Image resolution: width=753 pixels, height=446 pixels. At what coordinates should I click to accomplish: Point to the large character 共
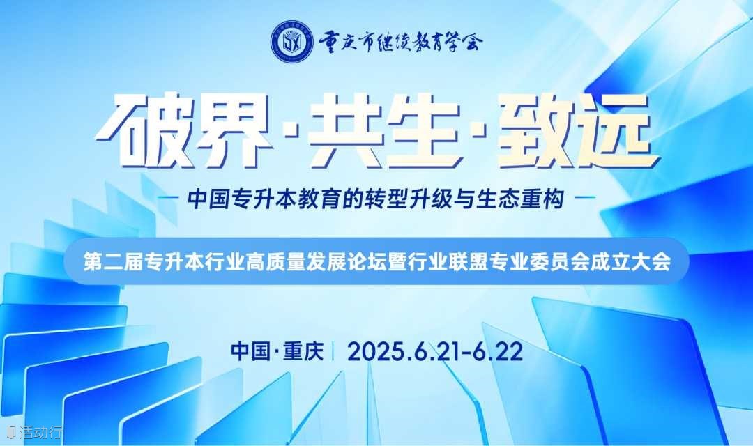346,130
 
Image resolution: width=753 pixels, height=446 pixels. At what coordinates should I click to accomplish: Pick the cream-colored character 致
538,130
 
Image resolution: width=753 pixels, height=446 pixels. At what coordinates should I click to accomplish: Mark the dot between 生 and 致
480,130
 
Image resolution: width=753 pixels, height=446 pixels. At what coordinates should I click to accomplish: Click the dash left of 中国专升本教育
169,197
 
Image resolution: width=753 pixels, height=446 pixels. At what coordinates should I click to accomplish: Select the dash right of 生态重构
585,197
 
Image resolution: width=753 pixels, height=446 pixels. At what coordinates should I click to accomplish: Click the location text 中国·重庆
277,351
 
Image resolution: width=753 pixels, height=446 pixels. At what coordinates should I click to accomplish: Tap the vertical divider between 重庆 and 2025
335,351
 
